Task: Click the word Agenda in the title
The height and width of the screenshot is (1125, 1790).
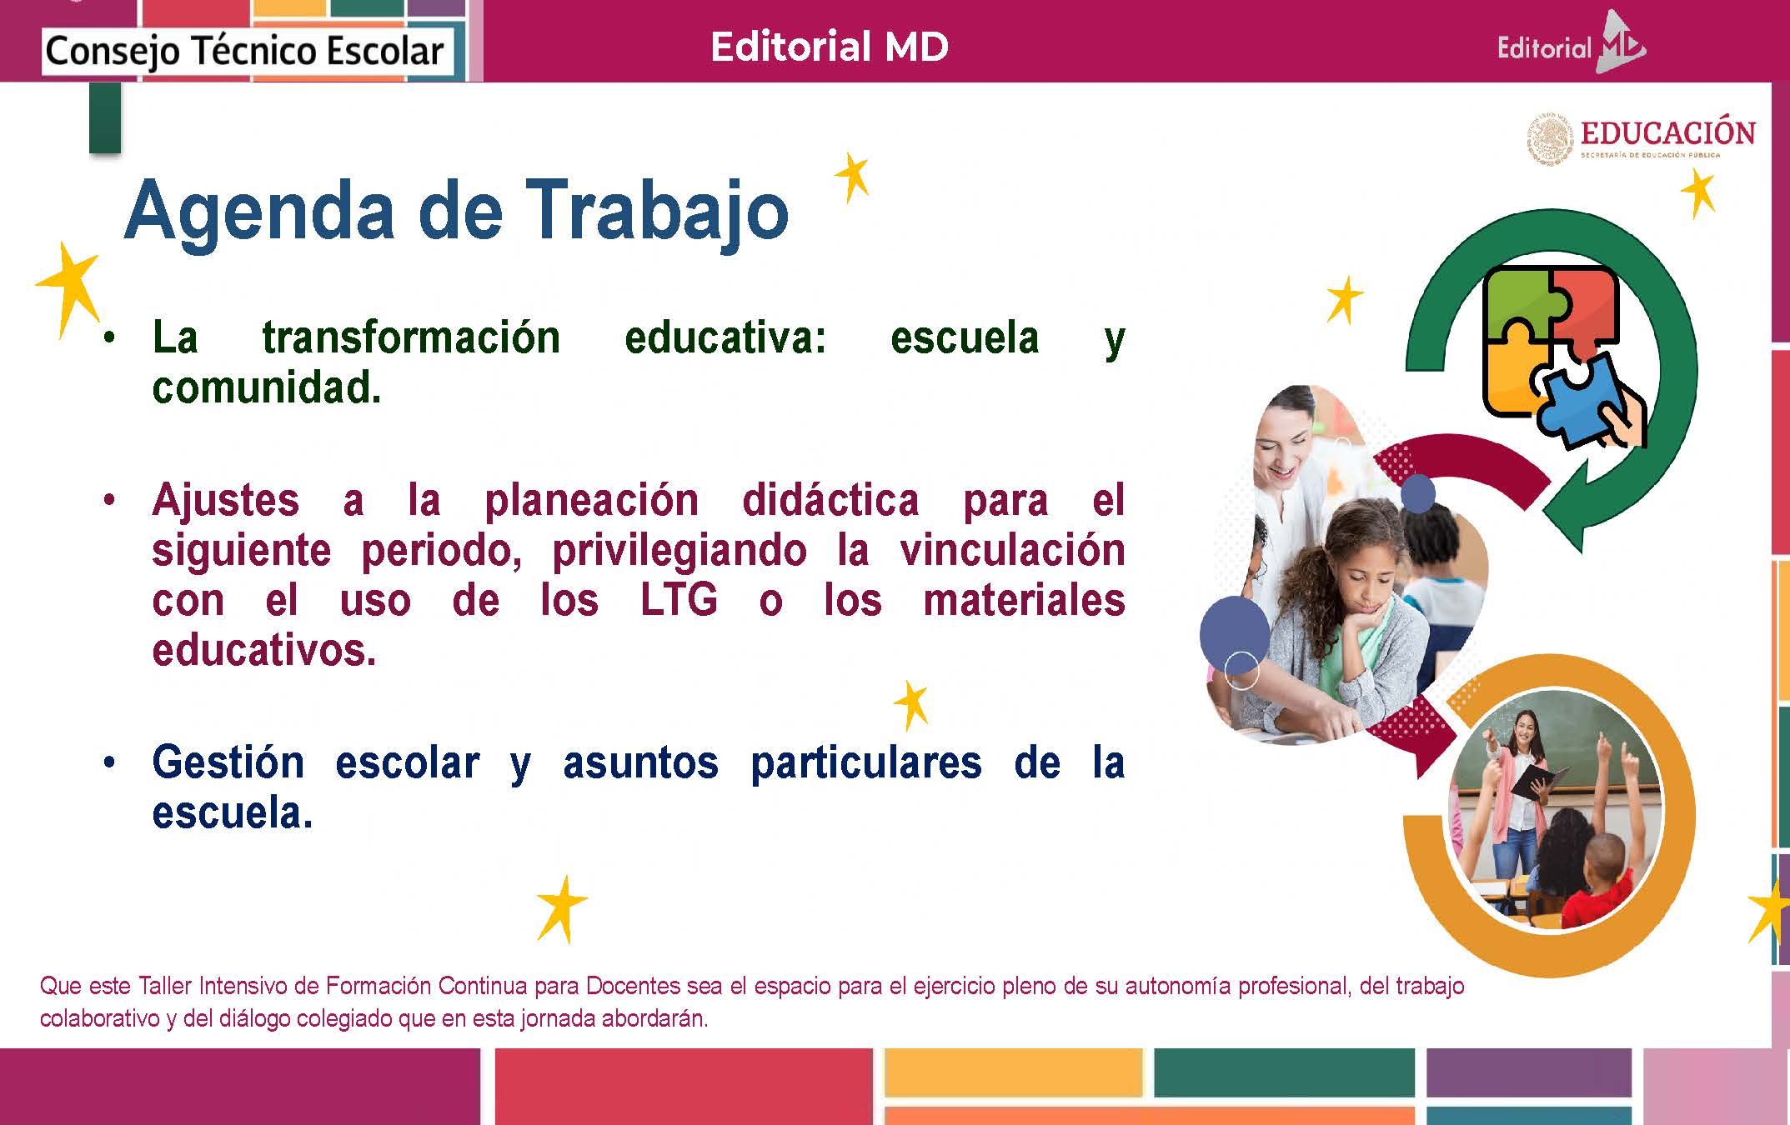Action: [x=259, y=212]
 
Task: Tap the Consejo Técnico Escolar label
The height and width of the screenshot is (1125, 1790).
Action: [x=244, y=51]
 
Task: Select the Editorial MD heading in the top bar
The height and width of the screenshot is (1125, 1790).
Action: [x=830, y=47]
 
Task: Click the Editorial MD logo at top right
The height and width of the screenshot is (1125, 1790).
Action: [x=1571, y=45]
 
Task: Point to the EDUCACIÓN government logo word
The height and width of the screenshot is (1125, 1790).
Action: [x=1668, y=133]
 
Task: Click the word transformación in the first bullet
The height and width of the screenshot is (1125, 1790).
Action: [x=411, y=337]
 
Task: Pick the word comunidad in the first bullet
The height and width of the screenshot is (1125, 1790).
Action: [x=267, y=387]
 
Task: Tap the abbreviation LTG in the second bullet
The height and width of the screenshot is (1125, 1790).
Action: [x=679, y=600]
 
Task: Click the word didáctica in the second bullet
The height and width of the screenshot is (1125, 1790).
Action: [x=830, y=500]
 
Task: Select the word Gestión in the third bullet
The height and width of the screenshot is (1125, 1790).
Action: [x=228, y=762]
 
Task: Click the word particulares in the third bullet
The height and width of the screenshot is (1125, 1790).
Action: [x=866, y=763]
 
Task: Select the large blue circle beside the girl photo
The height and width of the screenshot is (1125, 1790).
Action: [x=1235, y=632]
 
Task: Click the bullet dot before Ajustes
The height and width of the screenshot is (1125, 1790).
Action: [x=108, y=501]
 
